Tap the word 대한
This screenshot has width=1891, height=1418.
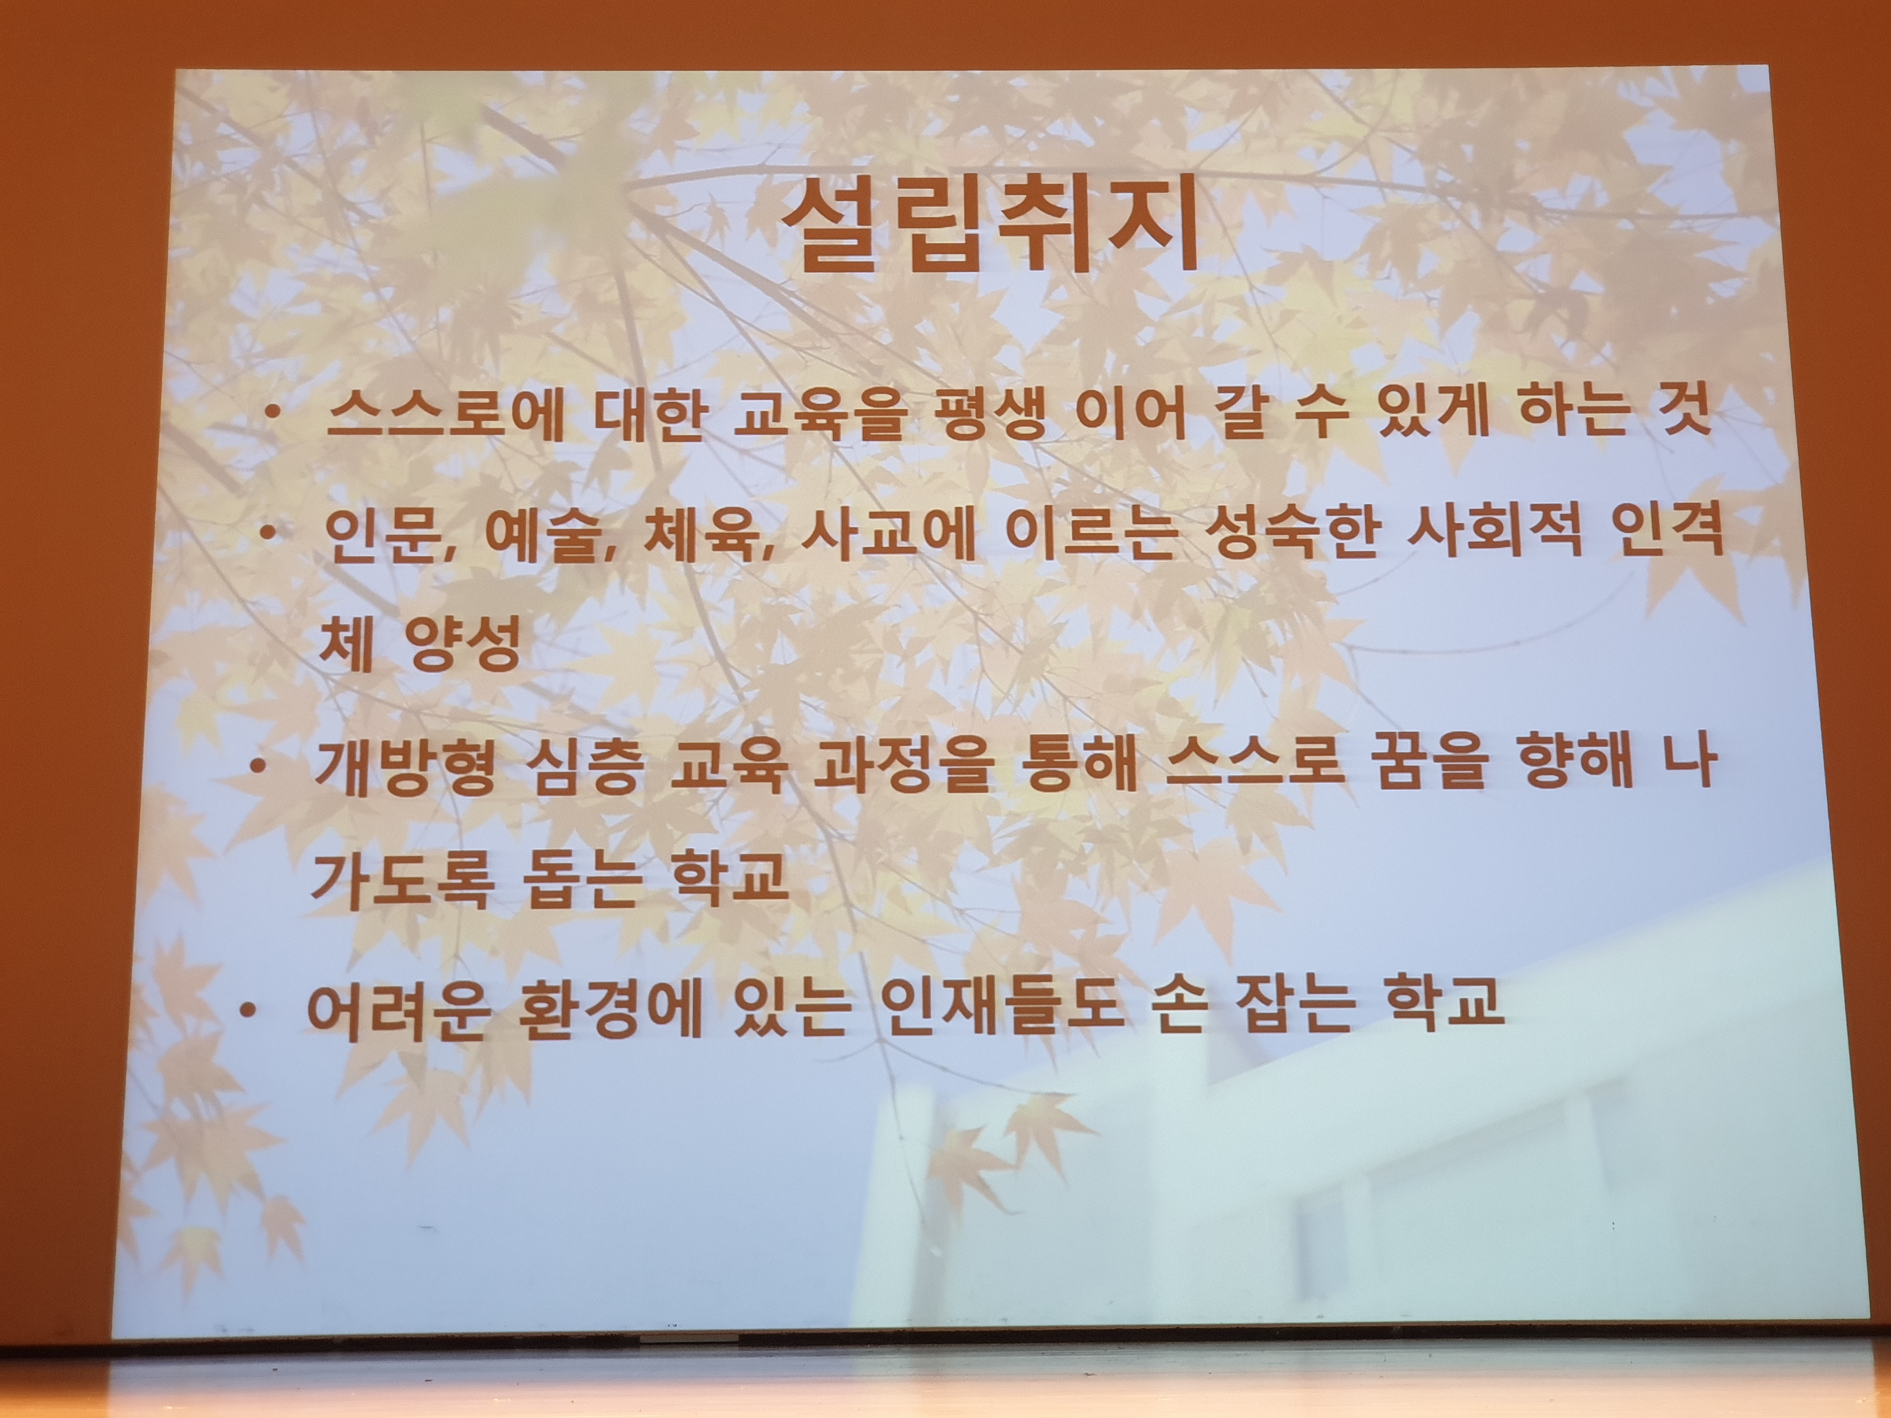(647, 416)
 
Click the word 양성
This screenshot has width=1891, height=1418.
(464, 645)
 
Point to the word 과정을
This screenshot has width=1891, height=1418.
(903, 765)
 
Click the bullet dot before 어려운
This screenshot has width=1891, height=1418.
(248, 1011)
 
